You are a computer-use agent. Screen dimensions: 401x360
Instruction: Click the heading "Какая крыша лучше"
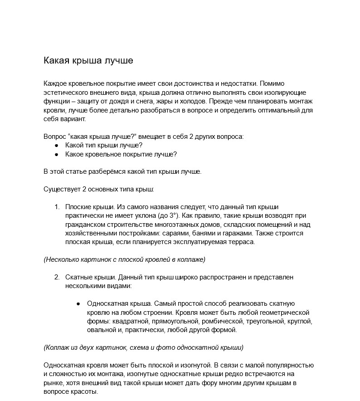pos(88,61)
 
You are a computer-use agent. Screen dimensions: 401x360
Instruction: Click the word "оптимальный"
pos(275,110)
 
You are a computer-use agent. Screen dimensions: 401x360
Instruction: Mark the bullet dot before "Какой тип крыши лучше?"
pos(57,146)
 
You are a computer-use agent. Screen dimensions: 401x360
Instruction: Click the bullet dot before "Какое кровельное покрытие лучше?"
pos(57,154)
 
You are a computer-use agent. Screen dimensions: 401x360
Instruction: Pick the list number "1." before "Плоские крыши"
pos(57,207)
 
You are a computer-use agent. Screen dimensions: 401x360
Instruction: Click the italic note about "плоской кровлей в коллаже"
pos(125,259)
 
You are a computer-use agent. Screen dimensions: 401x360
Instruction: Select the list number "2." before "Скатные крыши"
pos(57,277)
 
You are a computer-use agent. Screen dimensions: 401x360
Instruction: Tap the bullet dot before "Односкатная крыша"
pos(78,304)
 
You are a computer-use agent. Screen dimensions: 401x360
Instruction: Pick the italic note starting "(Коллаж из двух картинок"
pos(143,347)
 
